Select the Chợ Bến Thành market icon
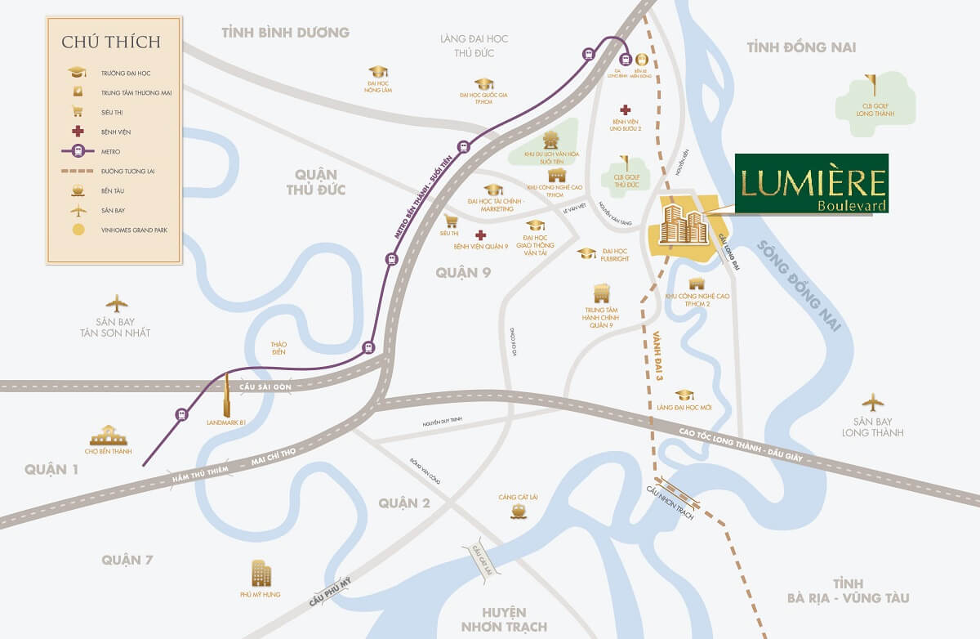click(x=108, y=436)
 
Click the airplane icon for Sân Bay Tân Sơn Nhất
click(x=116, y=303)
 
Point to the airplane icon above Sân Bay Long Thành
click(x=872, y=402)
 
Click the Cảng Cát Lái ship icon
click(x=518, y=512)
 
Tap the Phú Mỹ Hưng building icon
click(x=261, y=574)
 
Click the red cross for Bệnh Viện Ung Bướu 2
click(x=626, y=110)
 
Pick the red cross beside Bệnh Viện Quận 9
click(x=480, y=235)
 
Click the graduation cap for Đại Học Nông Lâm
click(x=377, y=72)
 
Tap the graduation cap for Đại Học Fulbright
click(x=586, y=254)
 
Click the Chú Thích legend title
click(x=111, y=42)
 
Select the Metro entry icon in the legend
click(x=78, y=151)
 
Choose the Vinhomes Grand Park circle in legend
click(x=78, y=230)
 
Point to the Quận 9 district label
click(x=462, y=273)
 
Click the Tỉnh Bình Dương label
click(x=285, y=33)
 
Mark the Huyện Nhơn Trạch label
click(x=492, y=620)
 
